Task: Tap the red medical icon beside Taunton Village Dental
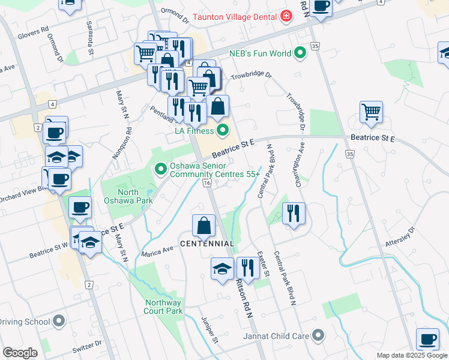tap(286, 14)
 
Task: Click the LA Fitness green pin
tap(223, 129)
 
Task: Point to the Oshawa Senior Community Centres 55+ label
tap(215, 170)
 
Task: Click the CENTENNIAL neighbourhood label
tap(206, 244)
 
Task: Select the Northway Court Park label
tap(163, 307)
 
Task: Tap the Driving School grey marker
tap(59, 322)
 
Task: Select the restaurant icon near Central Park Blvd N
tap(294, 212)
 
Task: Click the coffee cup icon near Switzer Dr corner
tap(427, 339)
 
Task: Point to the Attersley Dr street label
tap(403, 238)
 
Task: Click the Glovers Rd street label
tap(33, 32)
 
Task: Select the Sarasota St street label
tap(91, 40)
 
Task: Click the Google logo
tap(20, 353)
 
